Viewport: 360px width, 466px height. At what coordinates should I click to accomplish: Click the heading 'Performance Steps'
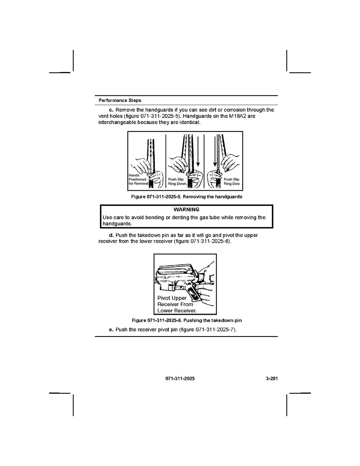pyautogui.click(x=120, y=100)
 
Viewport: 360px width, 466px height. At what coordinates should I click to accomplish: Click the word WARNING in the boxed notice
pyautogui.click(x=187, y=209)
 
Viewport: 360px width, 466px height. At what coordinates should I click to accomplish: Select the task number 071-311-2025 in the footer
pyautogui.click(x=180, y=378)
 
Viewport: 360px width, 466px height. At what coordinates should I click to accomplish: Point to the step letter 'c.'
pyautogui.click(x=111, y=110)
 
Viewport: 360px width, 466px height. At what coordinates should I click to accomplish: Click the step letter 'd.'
pyautogui.click(x=111, y=235)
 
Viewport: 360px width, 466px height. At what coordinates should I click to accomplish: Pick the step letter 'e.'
pyautogui.click(x=111, y=329)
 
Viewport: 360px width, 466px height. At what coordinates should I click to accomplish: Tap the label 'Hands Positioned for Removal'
pyautogui.click(x=138, y=179)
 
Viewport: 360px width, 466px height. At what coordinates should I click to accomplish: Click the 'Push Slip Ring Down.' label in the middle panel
pyautogui.click(x=178, y=182)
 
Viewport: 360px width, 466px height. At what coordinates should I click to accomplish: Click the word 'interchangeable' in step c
pyautogui.click(x=117, y=123)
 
